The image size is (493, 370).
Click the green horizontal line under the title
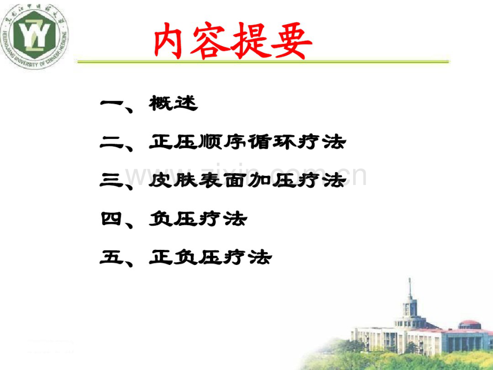(x=263, y=62)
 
